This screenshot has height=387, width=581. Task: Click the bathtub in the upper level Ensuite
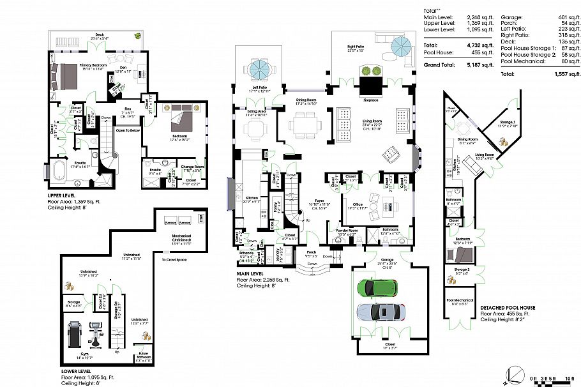(56, 172)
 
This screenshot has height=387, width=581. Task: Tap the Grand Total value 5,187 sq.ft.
(481, 65)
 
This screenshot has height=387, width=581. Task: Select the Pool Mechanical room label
(460, 300)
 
